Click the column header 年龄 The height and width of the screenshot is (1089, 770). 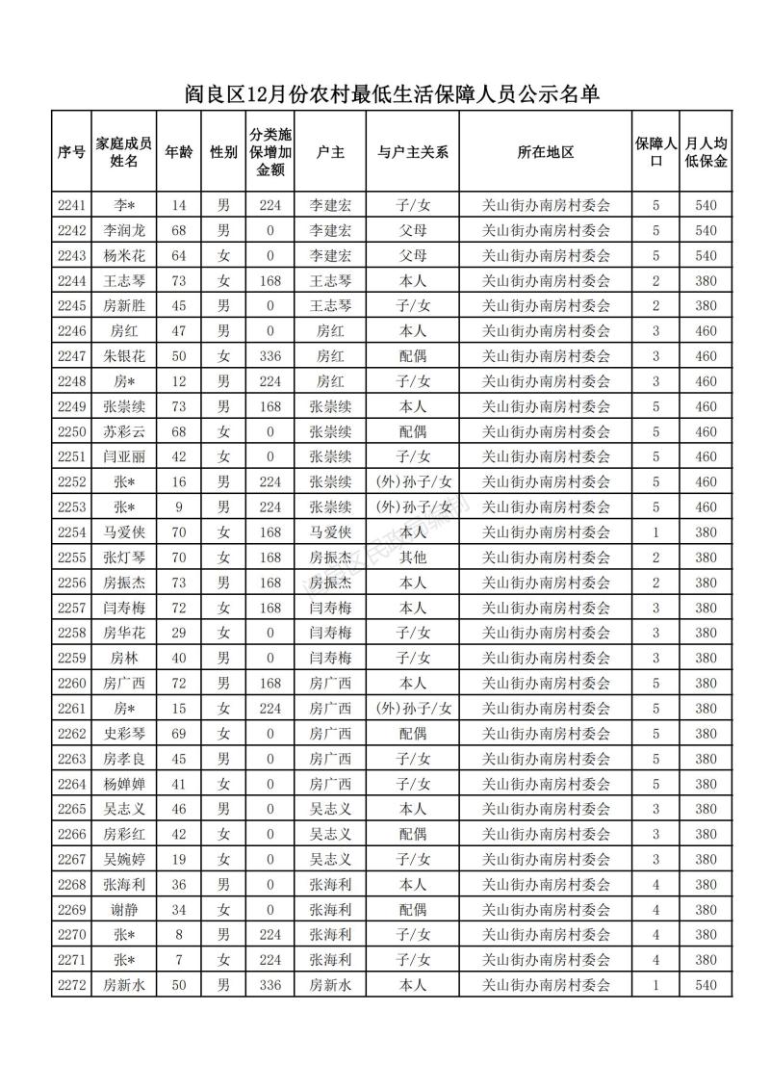[x=178, y=152]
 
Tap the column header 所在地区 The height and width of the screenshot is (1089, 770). [x=545, y=152]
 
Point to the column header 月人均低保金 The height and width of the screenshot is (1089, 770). [x=706, y=152]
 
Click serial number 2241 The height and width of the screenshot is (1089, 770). [x=72, y=206]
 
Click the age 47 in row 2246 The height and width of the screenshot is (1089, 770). [x=178, y=331]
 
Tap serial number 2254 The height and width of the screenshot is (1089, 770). [x=72, y=532]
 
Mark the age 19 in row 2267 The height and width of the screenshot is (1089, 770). [x=178, y=858]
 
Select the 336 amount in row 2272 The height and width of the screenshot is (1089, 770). [x=270, y=984]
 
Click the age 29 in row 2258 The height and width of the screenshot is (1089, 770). [x=178, y=633]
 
